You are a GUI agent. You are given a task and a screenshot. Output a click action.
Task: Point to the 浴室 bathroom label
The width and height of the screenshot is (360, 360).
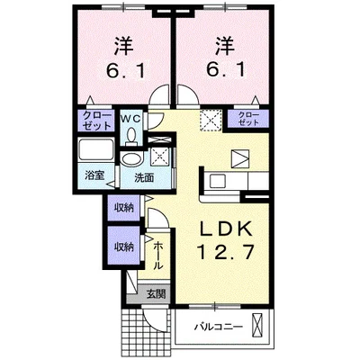click(93, 176)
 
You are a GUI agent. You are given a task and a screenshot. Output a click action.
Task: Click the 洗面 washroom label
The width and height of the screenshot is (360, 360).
click(144, 177)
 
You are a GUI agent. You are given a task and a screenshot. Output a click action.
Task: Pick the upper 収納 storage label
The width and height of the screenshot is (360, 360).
click(123, 208)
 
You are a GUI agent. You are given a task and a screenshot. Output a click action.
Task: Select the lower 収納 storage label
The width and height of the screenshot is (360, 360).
click(123, 246)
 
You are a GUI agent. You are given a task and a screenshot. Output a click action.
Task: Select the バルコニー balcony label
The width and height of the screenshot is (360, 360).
click(214, 327)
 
